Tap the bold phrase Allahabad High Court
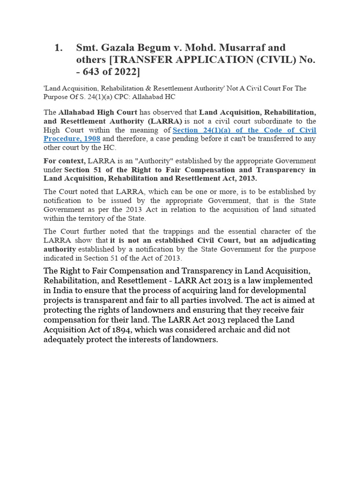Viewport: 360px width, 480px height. pyautogui.click(x=97, y=112)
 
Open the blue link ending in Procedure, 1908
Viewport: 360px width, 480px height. pyautogui.click(x=72, y=139)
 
